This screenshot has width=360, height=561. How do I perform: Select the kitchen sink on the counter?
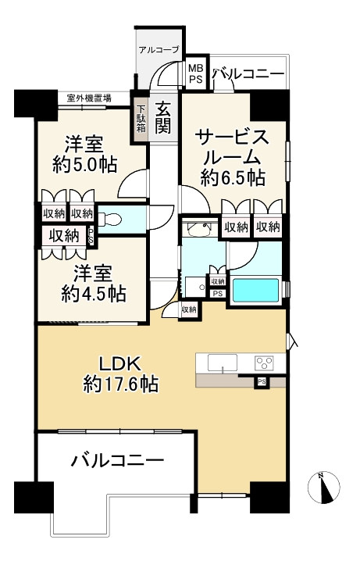pos(223,363)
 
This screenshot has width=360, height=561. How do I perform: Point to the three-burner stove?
pos(264,363)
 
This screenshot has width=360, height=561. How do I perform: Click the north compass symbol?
pos(324,488)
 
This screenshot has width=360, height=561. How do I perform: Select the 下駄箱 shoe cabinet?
pos(141,120)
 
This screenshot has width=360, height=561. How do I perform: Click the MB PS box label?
pos(195,73)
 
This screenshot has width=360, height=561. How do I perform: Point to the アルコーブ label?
pos(159,50)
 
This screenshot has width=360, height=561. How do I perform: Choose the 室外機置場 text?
pos(89,97)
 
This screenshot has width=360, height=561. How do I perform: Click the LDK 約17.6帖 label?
pos(121,374)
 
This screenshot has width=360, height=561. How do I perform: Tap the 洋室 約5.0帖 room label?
pos(84,155)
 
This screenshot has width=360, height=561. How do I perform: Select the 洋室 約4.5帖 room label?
pos(93,284)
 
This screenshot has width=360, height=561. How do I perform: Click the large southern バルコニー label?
pos(118,460)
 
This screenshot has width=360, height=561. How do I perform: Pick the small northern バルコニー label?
pos(249,74)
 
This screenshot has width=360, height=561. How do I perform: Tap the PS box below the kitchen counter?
pos(262,382)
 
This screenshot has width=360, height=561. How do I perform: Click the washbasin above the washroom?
pos(199,229)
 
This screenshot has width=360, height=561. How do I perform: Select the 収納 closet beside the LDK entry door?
pos(189,310)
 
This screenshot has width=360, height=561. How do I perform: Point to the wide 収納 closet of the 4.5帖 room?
pos(64,236)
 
